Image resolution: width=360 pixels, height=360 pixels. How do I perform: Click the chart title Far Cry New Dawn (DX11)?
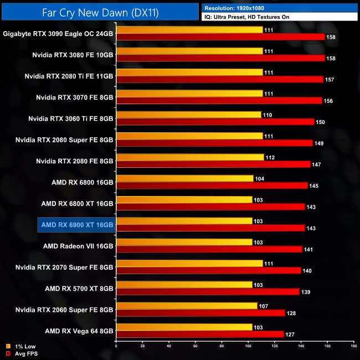pyautogui.click(x=100, y=12)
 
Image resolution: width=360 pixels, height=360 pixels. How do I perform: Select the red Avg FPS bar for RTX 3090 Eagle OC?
pyautogui.click(x=220, y=37)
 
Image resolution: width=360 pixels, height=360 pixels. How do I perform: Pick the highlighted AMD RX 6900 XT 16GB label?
pyautogui.click(x=77, y=225)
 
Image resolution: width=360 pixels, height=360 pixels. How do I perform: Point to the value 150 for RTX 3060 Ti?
pyautogui.click(x=320, y=122)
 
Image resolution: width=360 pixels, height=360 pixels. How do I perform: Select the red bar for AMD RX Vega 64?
pyautogui.click(x=200, y=334)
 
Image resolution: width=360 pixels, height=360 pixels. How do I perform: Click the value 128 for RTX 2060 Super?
pyautogui.click(x=291, y=313)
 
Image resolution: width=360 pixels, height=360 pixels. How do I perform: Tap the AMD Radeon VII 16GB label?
pyautogui.click(x=78, y=246)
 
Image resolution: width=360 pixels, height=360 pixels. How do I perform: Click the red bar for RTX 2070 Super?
pyautogui.click(x=208, y=270)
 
